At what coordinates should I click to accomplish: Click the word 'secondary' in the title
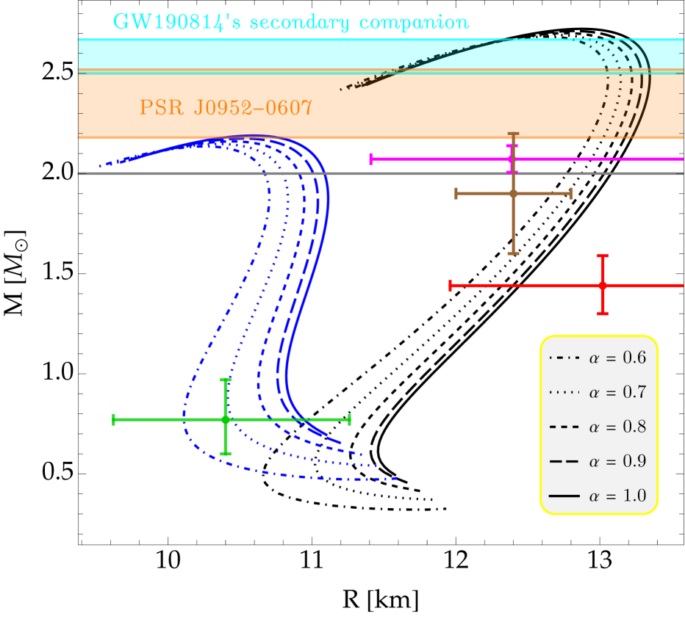click(298, 23)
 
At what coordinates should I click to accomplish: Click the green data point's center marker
click(226, 419)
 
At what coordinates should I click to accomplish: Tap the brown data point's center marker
click(513, 193)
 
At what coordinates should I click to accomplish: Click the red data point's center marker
click(602, 285)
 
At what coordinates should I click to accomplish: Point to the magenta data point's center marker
click(512, 159)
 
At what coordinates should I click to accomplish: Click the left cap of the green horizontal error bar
click(113, 419)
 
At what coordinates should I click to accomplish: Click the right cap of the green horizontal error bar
click(349, 419)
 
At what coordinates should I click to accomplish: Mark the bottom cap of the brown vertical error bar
click(513, 253)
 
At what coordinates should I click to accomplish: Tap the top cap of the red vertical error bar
click(602, 256)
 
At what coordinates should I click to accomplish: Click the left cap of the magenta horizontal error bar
click(370, 159)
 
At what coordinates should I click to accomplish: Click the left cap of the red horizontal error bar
click(450, 285)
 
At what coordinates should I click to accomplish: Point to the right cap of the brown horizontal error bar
click(570, 193)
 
